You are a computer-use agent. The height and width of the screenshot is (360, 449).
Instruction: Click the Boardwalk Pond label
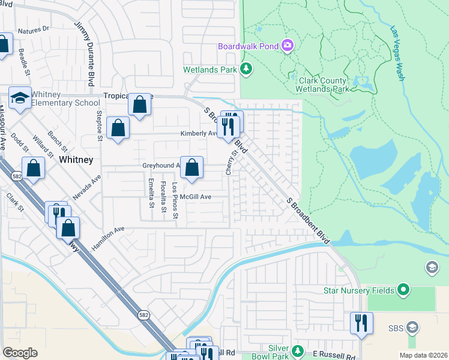point(248,46)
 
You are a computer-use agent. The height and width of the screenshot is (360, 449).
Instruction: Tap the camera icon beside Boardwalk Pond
point(288,46)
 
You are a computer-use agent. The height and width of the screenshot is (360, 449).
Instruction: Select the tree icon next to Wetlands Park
point(246,70)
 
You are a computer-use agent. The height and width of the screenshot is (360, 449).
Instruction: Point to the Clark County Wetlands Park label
point(322,85)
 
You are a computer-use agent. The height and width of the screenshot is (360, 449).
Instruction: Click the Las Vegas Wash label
point(397,53)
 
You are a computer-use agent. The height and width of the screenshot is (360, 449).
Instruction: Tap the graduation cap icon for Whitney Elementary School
point(20,98)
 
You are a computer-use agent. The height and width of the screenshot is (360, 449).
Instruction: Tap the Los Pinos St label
point(175,197)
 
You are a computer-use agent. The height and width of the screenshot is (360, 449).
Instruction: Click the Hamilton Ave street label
point(107,238)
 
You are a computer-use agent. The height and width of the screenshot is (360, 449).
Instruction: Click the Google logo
point(20,353)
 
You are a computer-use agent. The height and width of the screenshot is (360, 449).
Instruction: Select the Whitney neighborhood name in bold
point(76,160)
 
